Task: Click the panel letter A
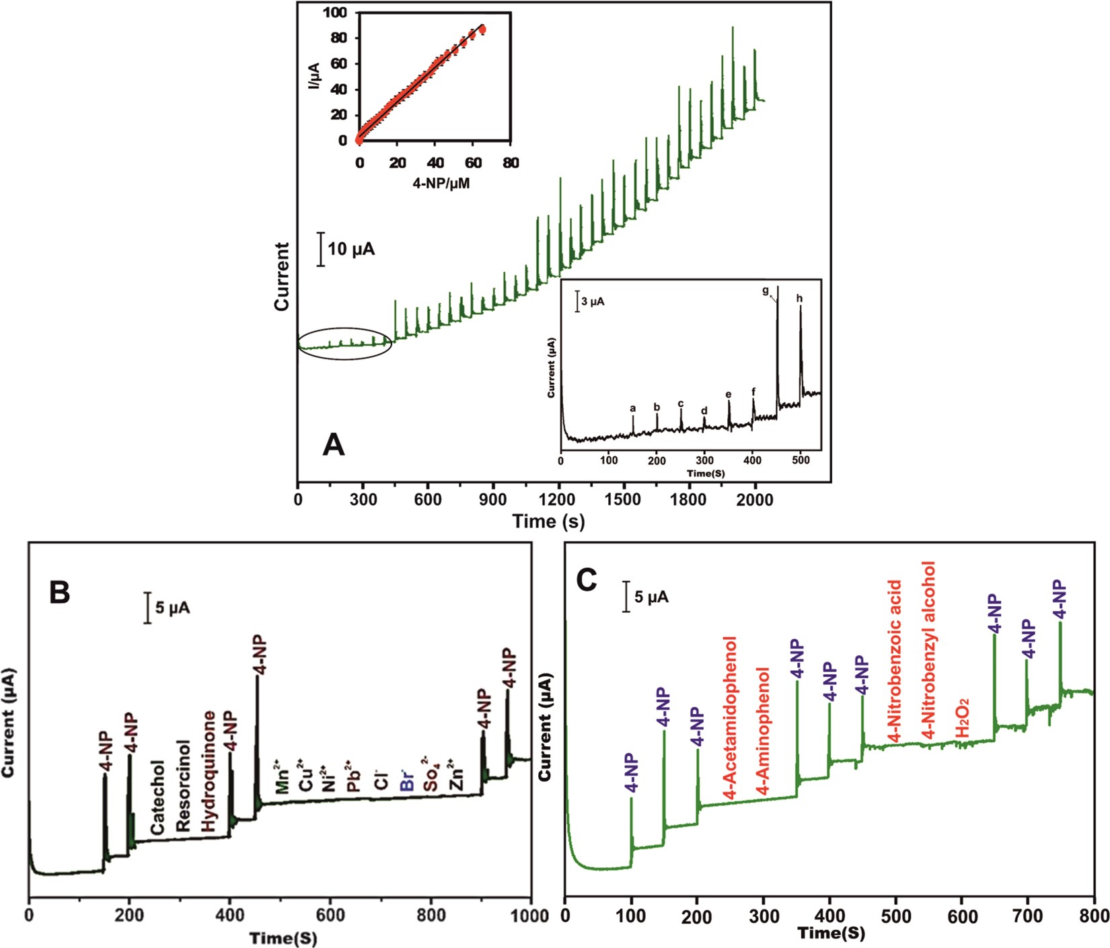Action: point(334,445)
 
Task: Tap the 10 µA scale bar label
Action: point(351,250)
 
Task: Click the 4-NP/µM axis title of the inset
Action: point(434,183)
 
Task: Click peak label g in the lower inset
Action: point(766,291)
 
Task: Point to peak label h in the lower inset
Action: point(800,298)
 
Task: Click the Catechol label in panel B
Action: point(157,798)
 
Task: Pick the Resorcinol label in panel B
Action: point(183,786)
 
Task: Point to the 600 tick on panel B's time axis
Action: point(330,916)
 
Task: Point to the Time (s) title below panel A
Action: point(548,521)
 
